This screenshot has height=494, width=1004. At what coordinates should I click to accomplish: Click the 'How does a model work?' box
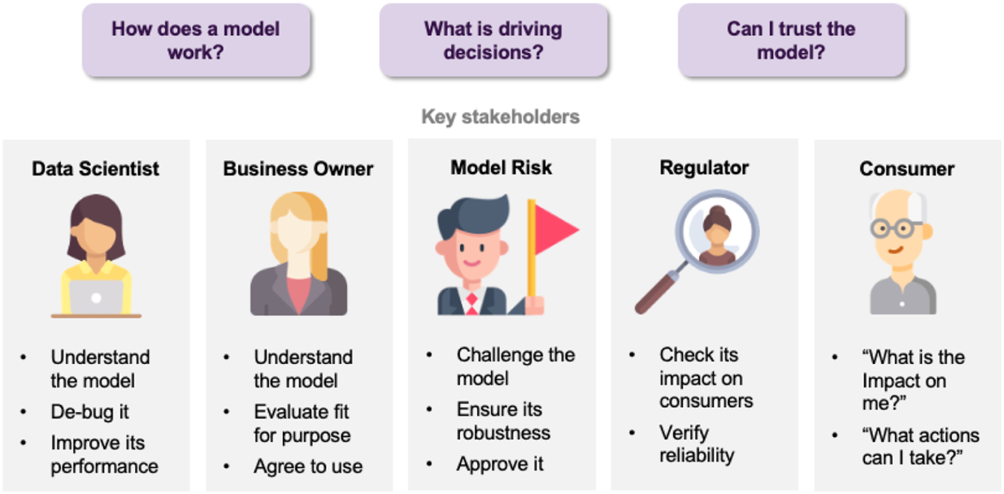(195, 41)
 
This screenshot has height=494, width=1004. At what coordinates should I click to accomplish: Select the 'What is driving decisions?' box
(493, 41)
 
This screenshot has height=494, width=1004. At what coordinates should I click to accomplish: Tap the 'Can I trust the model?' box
(791, 41)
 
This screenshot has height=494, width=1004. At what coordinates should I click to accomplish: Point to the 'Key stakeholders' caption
(501, 117)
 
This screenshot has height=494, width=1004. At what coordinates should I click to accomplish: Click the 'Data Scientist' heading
(96, 169)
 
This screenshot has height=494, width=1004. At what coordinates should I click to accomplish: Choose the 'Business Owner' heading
(298, 169)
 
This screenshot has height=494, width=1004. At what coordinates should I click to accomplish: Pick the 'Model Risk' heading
(501, 168)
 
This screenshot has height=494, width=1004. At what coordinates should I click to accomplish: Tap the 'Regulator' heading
(704, 168)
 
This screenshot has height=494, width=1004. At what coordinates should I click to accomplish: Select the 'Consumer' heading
(907, 169)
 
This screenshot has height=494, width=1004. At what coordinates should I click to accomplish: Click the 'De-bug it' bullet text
(89, 412)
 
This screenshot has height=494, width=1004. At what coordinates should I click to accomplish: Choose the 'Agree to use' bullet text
(308, 466)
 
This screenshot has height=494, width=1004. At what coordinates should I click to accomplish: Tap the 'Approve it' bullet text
(500, 464)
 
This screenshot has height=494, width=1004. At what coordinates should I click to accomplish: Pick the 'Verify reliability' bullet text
(697, 444)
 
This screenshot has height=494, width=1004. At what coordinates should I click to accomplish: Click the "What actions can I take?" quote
(920, 447)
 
